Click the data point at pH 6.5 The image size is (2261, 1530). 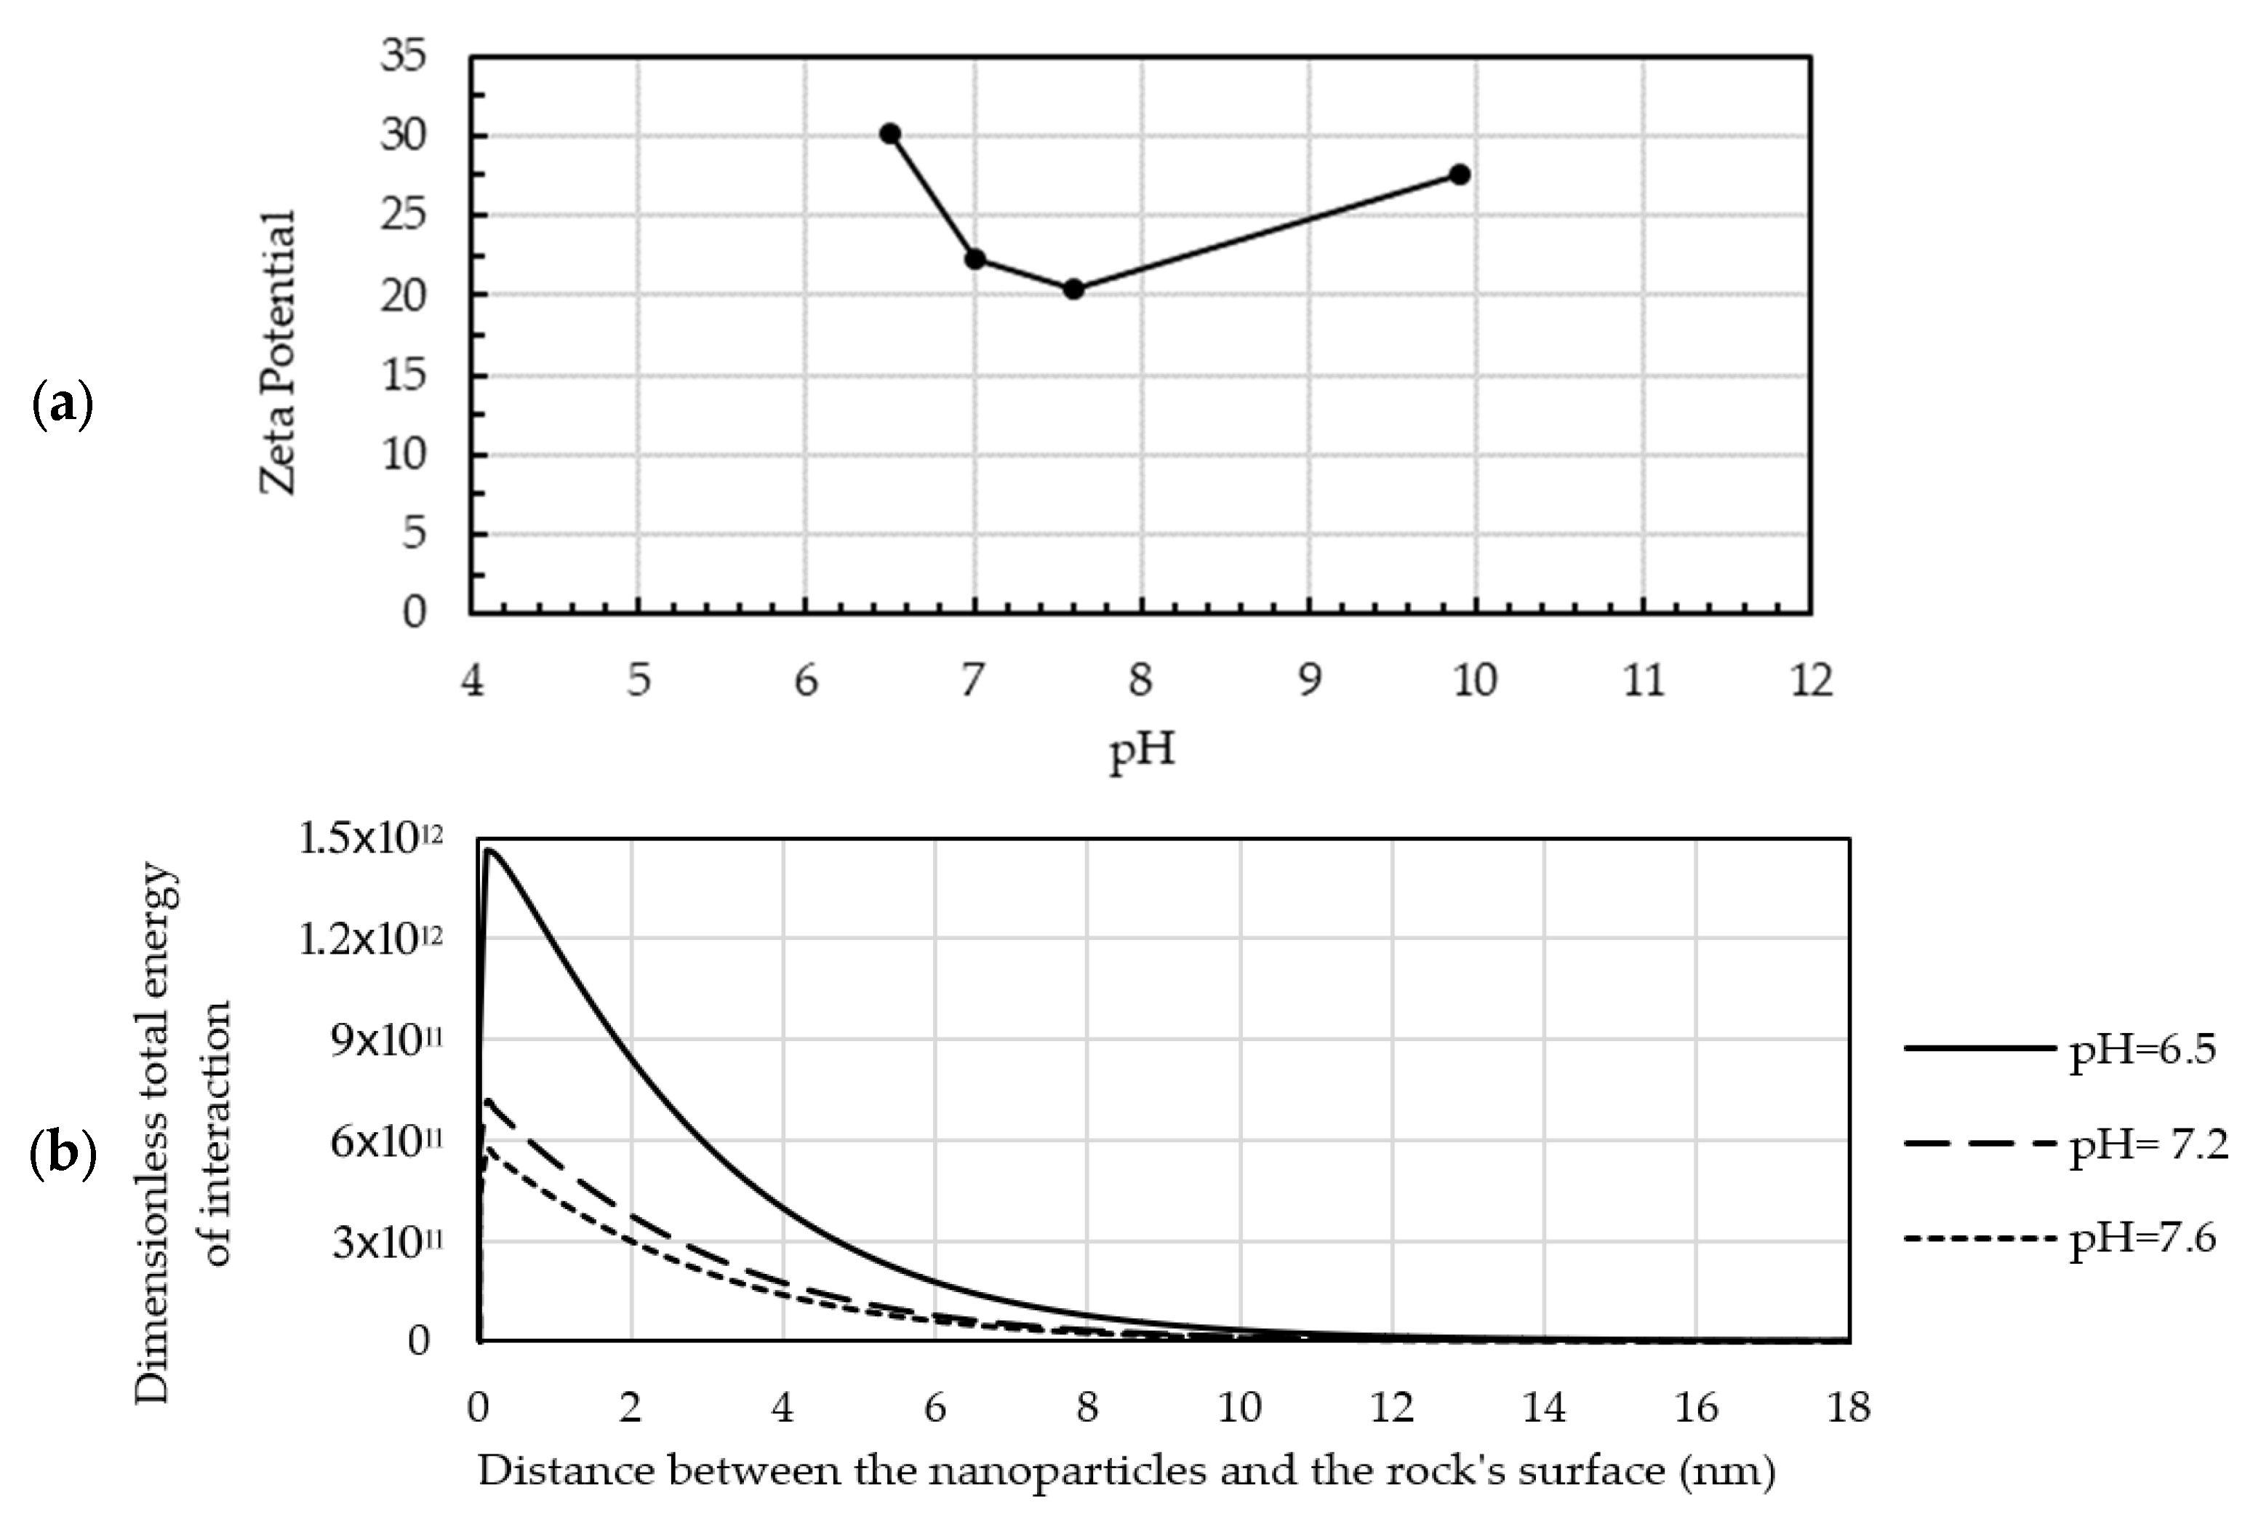click(889, 133)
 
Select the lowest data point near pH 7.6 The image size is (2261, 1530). click(1073, 289)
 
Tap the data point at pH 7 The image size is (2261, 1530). click(975, 259)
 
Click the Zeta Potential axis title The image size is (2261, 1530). click(277, 351)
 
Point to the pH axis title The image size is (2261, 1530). click(1142, 750)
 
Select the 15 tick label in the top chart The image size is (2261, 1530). click(403, 375)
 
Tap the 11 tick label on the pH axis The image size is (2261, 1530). click(1644, 680)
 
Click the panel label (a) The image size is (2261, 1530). click(63, 406)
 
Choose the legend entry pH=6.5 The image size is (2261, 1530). click(2140, 1049)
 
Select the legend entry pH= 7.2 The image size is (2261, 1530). click(2147, 1144)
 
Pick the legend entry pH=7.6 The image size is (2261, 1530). click(2140, 1238)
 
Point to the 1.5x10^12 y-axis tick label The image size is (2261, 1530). click(369, 839)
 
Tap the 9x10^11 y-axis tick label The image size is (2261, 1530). click(385, 1041)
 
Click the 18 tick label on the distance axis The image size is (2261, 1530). click(1847, 1407)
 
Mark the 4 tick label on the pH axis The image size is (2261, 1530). click(472, 680)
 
